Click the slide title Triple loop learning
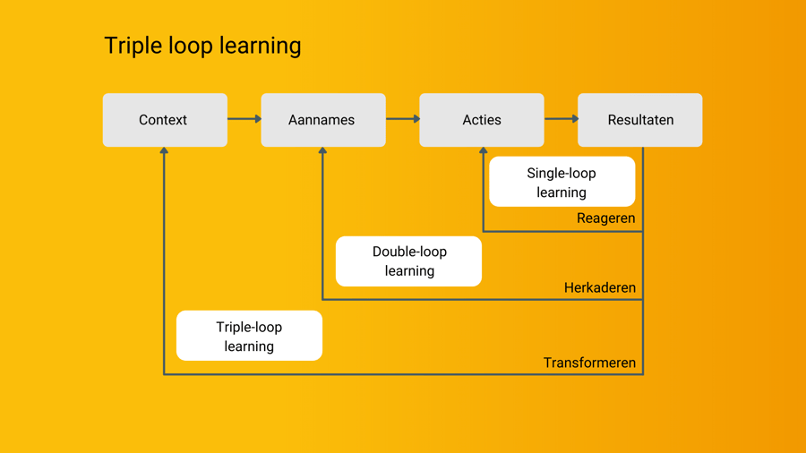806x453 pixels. coord(202,46)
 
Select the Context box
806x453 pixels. coord(165,120)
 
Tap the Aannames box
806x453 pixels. coord(323,120)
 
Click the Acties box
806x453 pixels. coord(482,120)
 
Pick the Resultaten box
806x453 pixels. coord(640,120)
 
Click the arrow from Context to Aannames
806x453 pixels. coord(244,119)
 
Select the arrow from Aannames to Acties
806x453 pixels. coord(402,119)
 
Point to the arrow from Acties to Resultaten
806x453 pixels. coord(561,119)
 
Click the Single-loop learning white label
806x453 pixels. coord(562,182)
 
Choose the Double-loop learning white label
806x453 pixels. coord(408,261)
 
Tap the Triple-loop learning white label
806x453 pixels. coord(249,336)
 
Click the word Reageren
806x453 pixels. coord(606,218)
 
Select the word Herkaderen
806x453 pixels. coord(600,288)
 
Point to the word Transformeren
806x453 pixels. coord(589,363)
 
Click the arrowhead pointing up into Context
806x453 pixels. coord(164,151)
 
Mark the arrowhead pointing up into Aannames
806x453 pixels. coord(322,151)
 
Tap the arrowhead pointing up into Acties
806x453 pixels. coord(483,151)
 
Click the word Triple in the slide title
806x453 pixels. coord(130,46)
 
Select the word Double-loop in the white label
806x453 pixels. coord(409,252)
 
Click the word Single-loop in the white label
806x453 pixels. coord(562,173)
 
